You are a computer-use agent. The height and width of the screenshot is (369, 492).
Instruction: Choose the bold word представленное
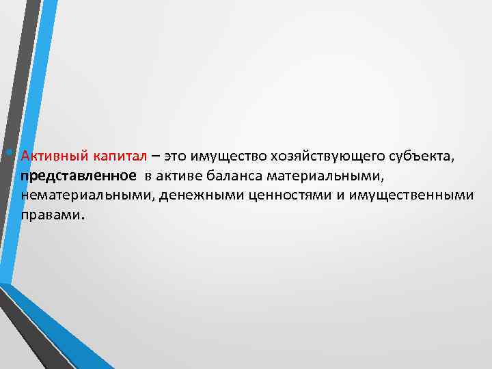(x=78, y=177)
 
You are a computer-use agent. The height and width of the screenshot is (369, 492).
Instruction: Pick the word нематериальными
(x=79, y=196)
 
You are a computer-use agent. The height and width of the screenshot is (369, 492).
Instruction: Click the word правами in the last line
(x=49, y=215)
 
